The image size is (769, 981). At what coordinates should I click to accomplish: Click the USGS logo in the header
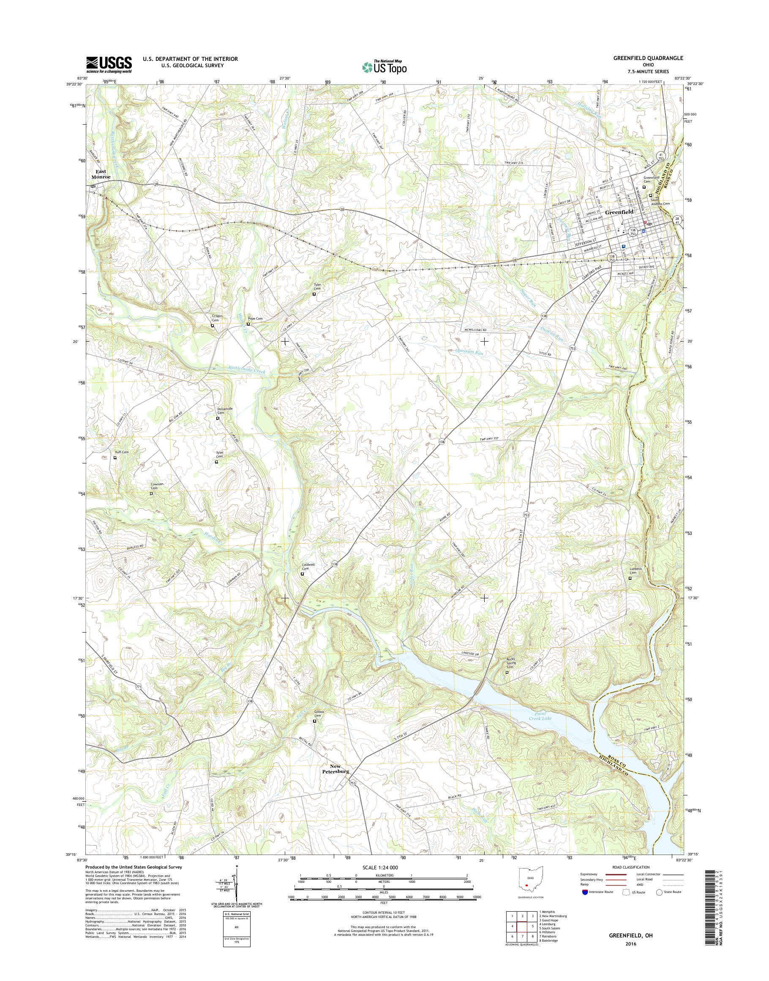point(109,64)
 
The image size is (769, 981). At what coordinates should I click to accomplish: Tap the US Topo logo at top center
point(384,67)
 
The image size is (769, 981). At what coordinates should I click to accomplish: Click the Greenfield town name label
point(619,211)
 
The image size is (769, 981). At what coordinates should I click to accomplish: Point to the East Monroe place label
point(102,174)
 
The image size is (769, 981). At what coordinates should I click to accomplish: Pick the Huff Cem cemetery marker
point(115,458)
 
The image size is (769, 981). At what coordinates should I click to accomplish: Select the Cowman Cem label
point(157,486)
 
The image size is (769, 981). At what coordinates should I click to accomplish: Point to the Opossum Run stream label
point(468,354)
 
